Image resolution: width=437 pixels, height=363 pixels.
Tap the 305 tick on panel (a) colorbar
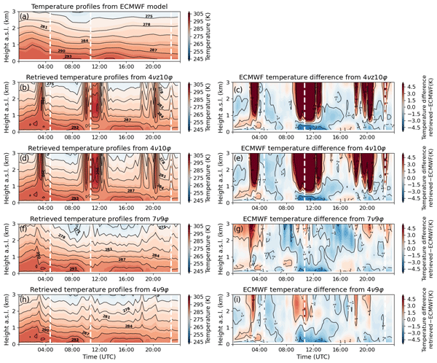pos(202,15)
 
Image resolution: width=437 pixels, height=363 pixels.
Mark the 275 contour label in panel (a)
pos(149,17)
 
